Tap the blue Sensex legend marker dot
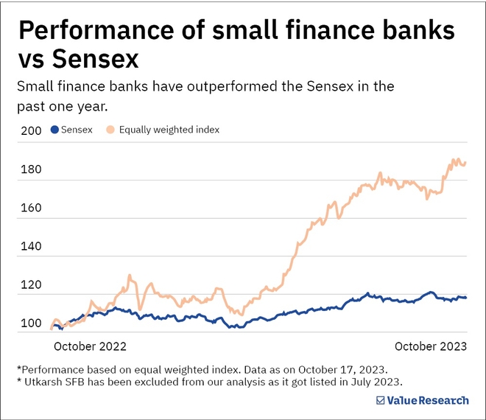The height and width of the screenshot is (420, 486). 54,130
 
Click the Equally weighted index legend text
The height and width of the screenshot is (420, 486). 169,130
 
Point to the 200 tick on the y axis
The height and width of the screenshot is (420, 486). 31,131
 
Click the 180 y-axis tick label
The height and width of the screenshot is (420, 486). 31,170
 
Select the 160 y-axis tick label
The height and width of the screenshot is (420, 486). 31,209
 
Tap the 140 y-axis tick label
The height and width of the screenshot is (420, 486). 31,247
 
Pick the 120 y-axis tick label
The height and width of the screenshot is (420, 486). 31,285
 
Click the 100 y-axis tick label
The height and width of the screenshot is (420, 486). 31,323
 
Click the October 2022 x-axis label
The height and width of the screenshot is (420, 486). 91,346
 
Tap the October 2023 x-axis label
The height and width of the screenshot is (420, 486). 431,346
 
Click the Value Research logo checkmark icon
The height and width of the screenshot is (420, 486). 380,400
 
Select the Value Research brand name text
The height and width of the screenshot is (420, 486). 427,400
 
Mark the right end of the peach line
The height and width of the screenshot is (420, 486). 465,163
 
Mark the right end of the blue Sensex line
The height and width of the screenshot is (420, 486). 465,298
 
